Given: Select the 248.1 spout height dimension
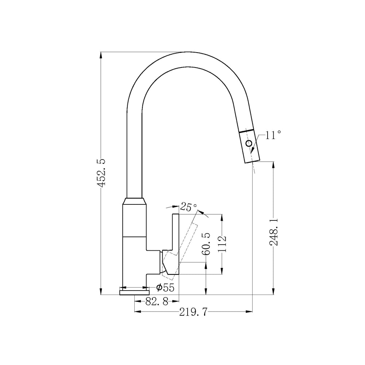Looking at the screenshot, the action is tap(273, 232).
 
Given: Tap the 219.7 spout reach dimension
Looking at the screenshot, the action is tap(193, 312).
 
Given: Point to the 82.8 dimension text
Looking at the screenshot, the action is tap(157, 302).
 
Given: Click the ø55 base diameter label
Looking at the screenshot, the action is tap(165, 288).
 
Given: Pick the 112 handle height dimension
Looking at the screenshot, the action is tap(223, 244).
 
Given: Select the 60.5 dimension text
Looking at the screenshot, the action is tap(206, 244).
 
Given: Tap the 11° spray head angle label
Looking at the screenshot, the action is tap(273, 135).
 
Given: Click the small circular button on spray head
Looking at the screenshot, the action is tap(249, 143).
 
